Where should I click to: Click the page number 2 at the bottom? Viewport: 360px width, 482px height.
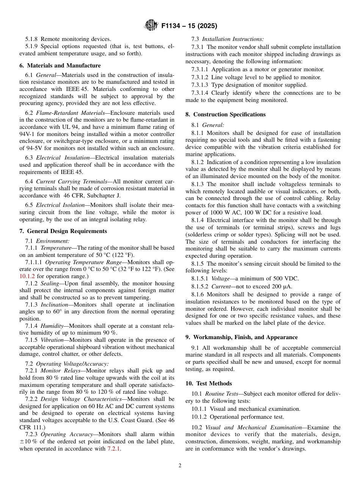coord(180,466)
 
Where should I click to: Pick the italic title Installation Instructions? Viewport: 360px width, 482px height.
coord(233,39)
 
